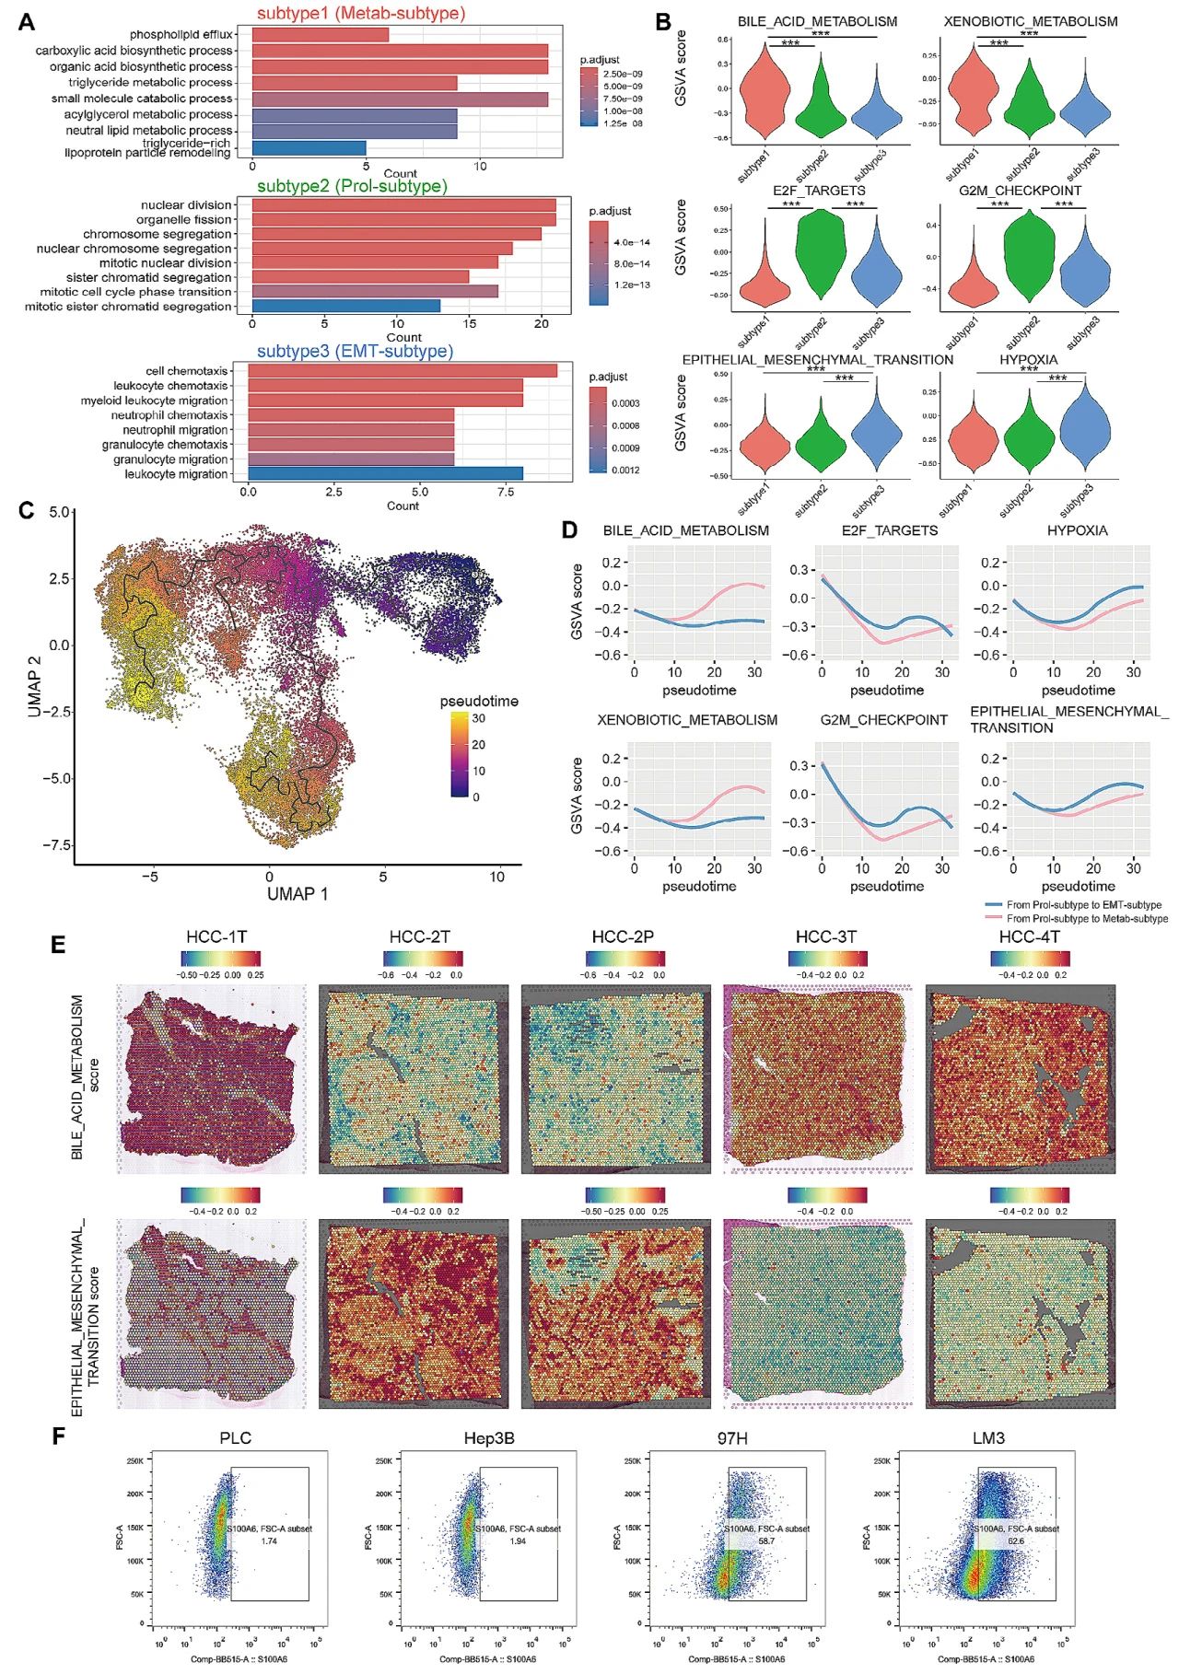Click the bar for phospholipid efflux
pos(320,35)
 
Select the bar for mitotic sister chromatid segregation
pos(345,306)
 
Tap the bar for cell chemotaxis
pos(403,370)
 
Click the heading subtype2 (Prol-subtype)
pos(352,186)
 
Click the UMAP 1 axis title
pos(297,893)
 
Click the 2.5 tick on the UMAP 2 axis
pos(59,578)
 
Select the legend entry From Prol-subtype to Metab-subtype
pos(1086,918)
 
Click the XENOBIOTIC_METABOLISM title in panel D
pos(687,720)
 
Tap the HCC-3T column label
pos(825,936)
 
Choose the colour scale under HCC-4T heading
pos(1030,959)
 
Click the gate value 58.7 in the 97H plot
pos(765,1540)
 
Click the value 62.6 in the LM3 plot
pos(1015,1540)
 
